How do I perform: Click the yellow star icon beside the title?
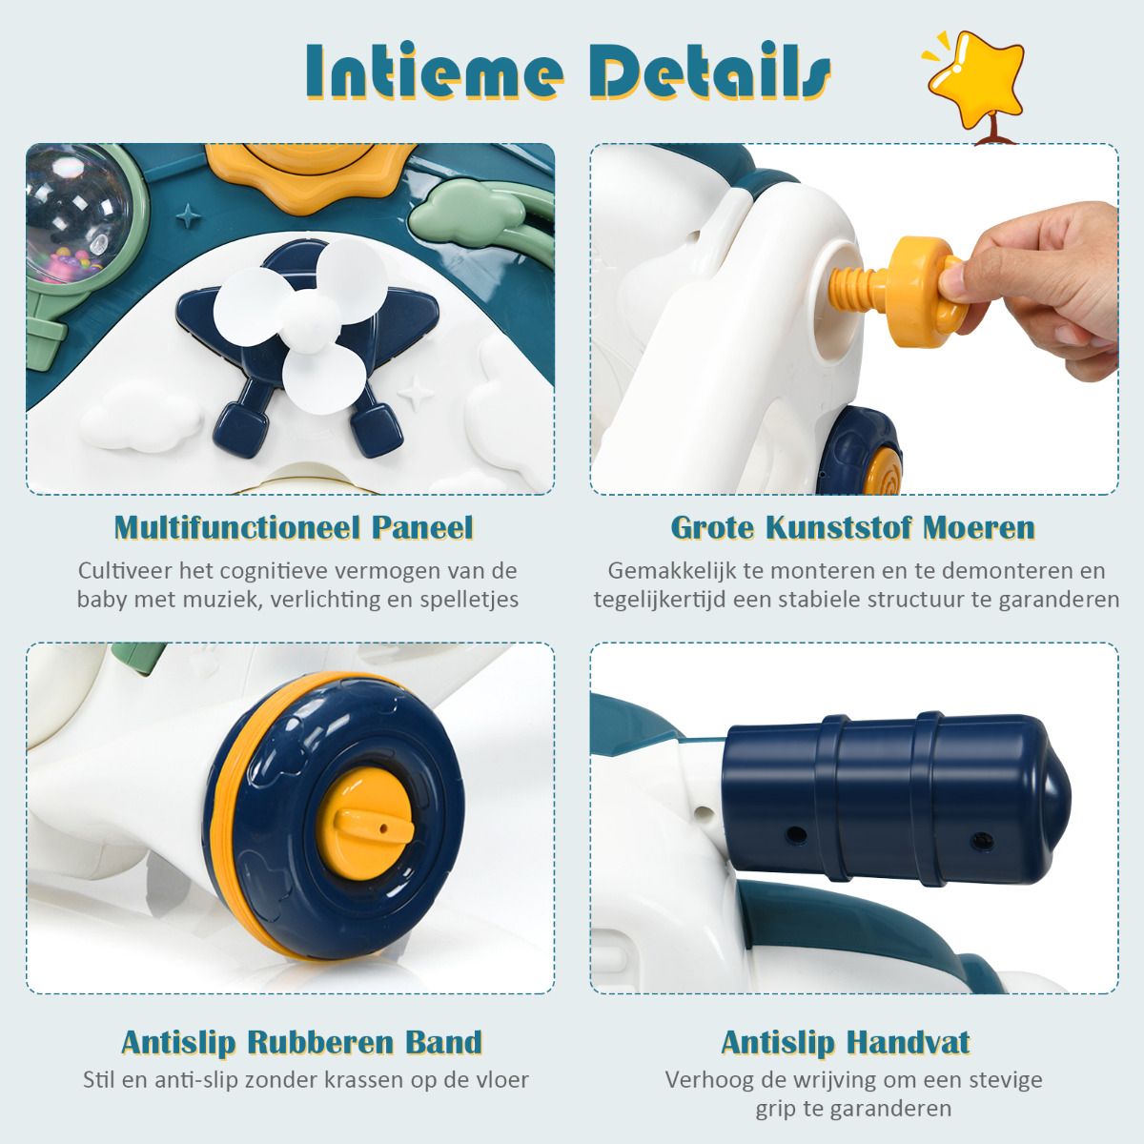coord(976,83)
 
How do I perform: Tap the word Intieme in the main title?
coord(435,71)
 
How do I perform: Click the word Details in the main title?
coord(710,71)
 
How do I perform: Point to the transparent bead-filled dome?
coord(78,214)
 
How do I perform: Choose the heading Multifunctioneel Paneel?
coord(294,527)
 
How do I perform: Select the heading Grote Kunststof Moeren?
coord(853,527)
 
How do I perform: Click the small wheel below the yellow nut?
coord(861,451)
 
